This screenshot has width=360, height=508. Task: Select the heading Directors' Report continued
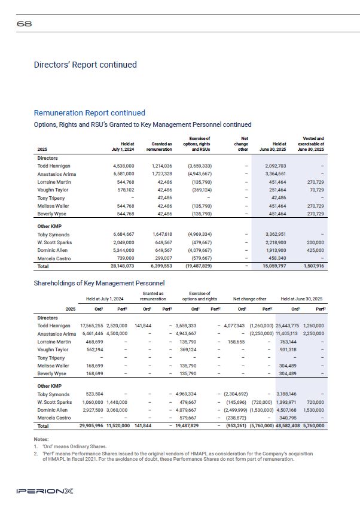coord(86,65)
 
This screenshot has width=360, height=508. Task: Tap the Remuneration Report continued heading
coord(90,112)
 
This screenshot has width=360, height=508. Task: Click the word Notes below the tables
coord(41,439)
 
